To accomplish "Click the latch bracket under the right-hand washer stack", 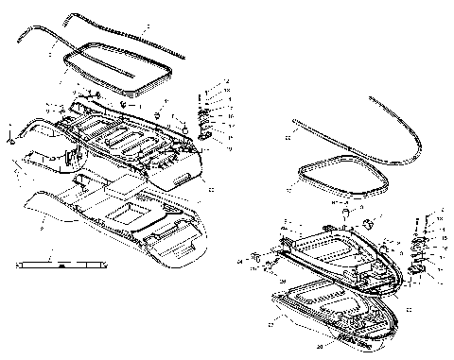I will pos(416,270).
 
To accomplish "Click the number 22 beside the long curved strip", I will pos(288,141).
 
